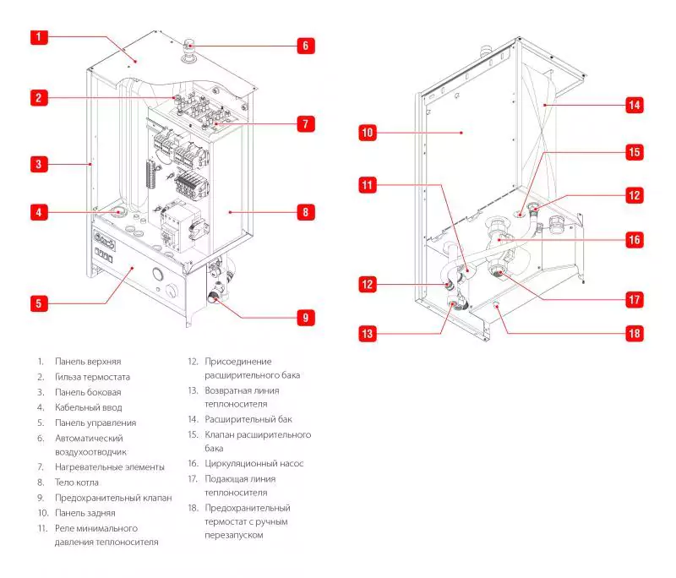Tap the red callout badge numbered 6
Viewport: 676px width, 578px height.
306,45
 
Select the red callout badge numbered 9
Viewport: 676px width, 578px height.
306,318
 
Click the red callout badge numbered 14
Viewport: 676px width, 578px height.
634,106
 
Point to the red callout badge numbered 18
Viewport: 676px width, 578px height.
634,333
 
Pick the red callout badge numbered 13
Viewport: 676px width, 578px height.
367,334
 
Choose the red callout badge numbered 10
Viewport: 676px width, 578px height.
367,133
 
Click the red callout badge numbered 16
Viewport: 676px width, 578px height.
634,240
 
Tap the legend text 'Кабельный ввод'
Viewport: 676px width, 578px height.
88,407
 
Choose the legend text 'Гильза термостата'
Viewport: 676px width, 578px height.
92,377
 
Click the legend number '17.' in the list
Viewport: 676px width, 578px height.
193,478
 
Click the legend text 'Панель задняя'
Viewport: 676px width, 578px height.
84,513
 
